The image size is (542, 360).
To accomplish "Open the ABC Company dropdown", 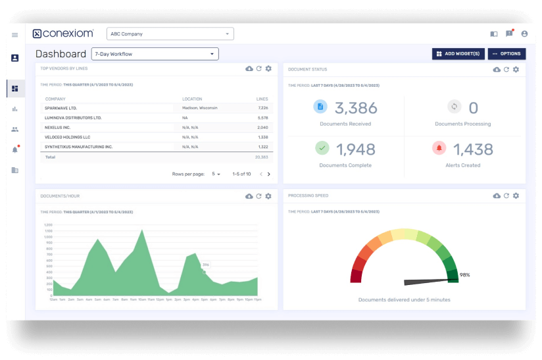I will click(170, 34).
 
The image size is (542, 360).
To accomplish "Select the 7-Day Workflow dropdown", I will click(155, 54).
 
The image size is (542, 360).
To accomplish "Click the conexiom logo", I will click(63, 34).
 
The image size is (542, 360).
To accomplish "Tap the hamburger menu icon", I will click(14, 34).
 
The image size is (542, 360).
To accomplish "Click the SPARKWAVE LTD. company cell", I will click(61, 107).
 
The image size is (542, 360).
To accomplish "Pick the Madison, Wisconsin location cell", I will click(200, 107).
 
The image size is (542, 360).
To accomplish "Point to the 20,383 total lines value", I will click(261, 158).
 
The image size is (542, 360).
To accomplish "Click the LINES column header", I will click(262, 99).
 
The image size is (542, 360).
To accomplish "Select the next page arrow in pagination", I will click(268, 174).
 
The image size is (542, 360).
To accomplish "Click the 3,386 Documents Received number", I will click(356, 108).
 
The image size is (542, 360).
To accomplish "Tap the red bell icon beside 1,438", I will click(438, 147).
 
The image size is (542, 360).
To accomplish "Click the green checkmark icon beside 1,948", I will click(322, 147).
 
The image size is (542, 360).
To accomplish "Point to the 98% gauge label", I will click(464, 274).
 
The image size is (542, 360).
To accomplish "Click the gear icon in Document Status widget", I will click(516, 69).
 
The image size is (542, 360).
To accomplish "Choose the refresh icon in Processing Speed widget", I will click(506, 195).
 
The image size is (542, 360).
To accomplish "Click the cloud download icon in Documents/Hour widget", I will click(249, 196).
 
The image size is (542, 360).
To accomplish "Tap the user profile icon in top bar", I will click(524, 34).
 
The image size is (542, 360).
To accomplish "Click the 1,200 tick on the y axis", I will click(48, 224).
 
